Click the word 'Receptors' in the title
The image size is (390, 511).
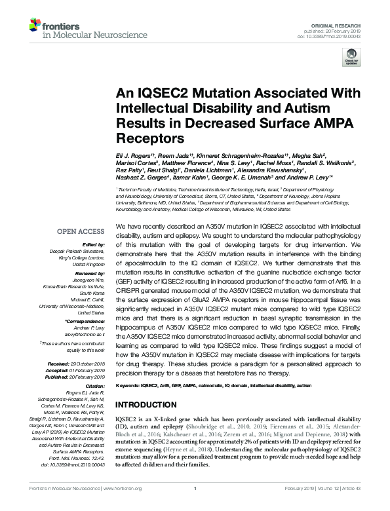(145, 139)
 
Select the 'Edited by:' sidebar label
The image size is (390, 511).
(94, 244)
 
